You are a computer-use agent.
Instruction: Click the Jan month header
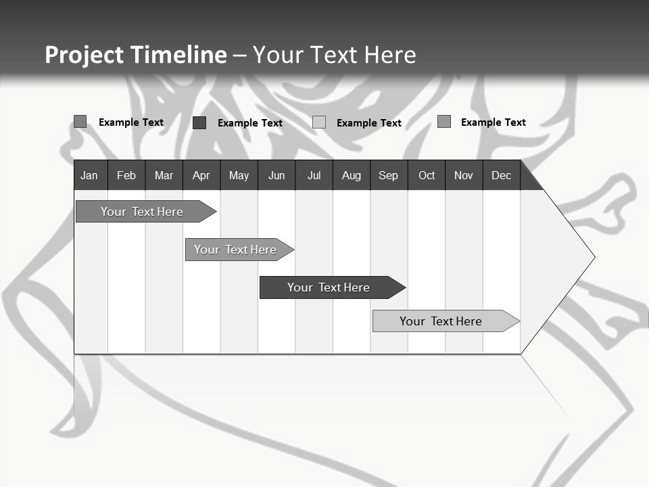(x=89, y=175)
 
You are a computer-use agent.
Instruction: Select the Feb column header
(x=126, y=175)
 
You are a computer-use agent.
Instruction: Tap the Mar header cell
(x=164, y=175)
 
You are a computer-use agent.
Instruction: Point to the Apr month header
(x=201, y=175)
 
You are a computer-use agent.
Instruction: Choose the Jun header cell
(x=277, y=175)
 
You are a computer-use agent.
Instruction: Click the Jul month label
(x=314, y=175)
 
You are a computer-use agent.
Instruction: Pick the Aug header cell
(x=351, y=175)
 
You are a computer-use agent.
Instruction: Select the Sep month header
(x=388, y=175)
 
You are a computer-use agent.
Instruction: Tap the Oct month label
(x=427, y=175)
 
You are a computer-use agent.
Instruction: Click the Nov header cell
(x=464, y=175)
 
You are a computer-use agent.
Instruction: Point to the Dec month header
(x=501, y=175)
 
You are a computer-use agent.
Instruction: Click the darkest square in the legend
(x=199, y=122)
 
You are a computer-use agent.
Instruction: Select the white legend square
(x=319, y=122)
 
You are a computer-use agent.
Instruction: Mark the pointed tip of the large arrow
(x=594, y=257)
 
